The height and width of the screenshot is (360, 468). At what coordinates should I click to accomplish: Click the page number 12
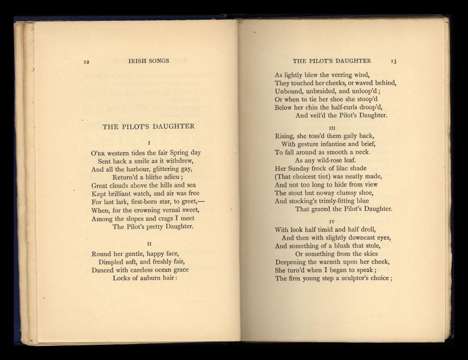point(87,62)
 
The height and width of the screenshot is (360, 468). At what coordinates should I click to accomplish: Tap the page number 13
point(393,62)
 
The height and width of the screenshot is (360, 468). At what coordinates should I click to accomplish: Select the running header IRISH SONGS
point(149,61)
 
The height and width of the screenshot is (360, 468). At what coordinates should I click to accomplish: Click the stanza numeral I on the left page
point(148,143)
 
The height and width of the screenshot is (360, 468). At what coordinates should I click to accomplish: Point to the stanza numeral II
point(149,244)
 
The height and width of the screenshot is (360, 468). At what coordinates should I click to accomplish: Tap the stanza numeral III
point(332,128)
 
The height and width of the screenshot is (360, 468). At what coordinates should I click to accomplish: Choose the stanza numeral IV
point(332,222)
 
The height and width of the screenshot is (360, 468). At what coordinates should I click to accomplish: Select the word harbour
point(138,169)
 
